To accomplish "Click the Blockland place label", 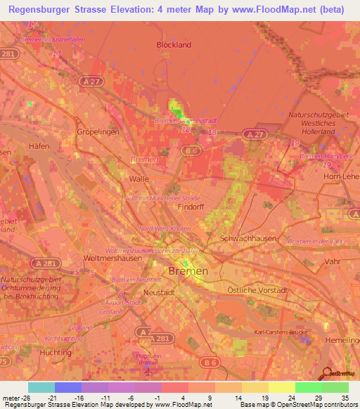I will (x=174, y=44).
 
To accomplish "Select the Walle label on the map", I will (x=139, y=179).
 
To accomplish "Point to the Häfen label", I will (x=39, y=146).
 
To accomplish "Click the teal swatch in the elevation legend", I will (x=41, y=387).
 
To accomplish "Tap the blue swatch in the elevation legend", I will (x=68, y=387).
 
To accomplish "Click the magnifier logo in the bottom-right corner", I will (x=327, y=375).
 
